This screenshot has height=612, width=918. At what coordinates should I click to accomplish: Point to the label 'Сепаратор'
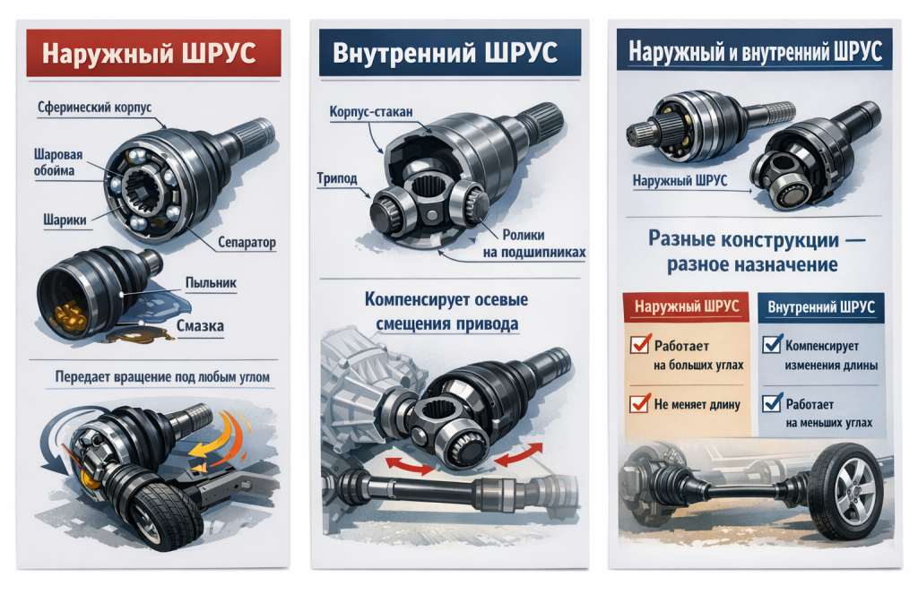click(246, 243)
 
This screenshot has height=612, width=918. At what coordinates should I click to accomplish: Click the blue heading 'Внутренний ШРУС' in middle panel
click(444, 54)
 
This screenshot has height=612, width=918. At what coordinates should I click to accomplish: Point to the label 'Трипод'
click(337, 178)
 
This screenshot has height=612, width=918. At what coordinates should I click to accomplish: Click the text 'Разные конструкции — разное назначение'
click(751, 252)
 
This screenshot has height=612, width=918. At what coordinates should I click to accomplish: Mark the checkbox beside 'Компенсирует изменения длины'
click(770, 345)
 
